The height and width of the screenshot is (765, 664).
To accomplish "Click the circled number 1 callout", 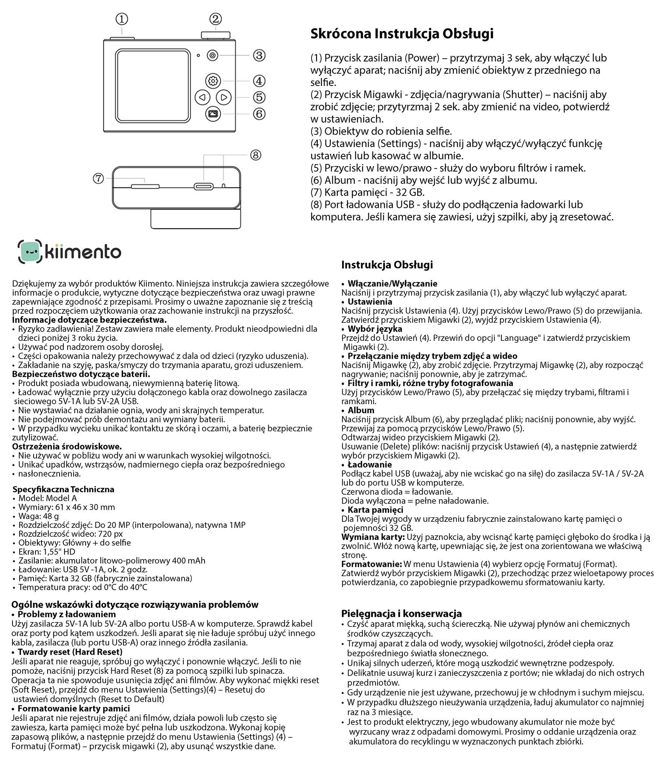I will (x=121, y=19).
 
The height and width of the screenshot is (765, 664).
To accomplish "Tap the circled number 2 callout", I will (x=215, y=19).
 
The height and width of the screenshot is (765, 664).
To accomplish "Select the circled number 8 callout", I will (x=255, y=155).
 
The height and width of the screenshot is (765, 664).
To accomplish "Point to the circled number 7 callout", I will (x=98, y=178).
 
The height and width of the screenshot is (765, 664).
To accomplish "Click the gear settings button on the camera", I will (x=213, y=81).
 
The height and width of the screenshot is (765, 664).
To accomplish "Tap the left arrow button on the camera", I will (x=202, y=97).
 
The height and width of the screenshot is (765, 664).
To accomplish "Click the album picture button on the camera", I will (x=213, y=113).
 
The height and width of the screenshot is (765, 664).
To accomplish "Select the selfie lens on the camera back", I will (x=213, y=55).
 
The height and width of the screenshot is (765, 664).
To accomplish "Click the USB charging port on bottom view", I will (x=204, y=186).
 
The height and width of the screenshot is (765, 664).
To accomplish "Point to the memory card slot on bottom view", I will (x=145, y=186).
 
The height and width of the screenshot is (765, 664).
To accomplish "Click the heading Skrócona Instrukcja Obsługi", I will (x=402, y=34).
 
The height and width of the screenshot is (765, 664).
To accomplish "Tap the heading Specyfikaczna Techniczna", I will (x=63, y=489).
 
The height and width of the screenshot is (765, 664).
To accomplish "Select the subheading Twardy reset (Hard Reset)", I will (x=70, y=652).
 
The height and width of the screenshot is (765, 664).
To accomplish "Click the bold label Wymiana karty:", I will (x=373, y=537).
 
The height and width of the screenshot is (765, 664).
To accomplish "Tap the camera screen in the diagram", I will (x=153, y=85).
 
